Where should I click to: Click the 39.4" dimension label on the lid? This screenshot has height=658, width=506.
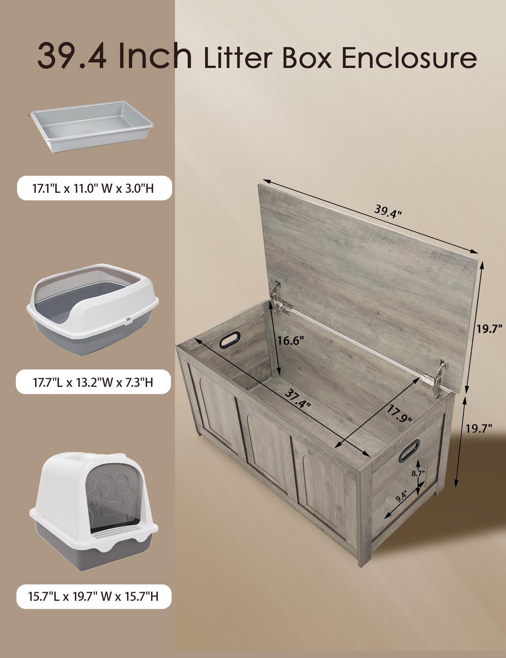(x=387, y=211)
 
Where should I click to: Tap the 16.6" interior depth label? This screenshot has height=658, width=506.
(x=291, y=340)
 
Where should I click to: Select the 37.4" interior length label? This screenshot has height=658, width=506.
(x=298, y=399)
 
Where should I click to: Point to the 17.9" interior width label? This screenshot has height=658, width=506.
(x=399, y=414)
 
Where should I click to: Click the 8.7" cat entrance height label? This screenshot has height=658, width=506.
(x=418, y=473)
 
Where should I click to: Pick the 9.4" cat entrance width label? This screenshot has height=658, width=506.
(x=401, y=496)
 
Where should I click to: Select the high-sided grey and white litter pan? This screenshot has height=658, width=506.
(x=92, y=308)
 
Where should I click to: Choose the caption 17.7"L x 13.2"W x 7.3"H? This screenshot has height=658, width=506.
(x=93, y=382)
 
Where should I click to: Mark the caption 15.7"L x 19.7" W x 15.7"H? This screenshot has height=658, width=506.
(x=93, y=596)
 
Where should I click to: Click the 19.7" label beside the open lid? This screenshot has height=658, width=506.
(x=489, y=329)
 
